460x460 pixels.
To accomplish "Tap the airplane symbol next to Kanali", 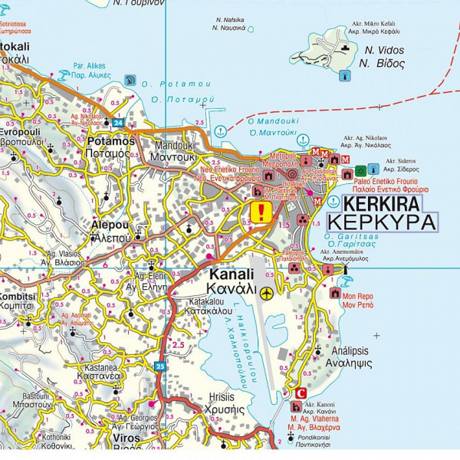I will click(267, 291).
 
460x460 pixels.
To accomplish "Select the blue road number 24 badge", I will click(117, 122).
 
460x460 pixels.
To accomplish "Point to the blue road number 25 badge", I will click(159, 366).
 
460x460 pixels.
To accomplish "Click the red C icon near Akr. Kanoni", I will click(300, 393).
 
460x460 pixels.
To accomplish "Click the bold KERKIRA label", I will click(382, 204).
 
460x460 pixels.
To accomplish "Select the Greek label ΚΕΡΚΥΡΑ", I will click(382, 222).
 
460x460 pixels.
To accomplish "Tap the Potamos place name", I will click(111, 142).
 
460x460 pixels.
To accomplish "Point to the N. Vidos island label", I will click(384, 51).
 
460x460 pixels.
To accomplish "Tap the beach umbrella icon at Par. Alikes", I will click(130, 79).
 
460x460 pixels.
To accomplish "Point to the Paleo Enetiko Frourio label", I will click(390, 180).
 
